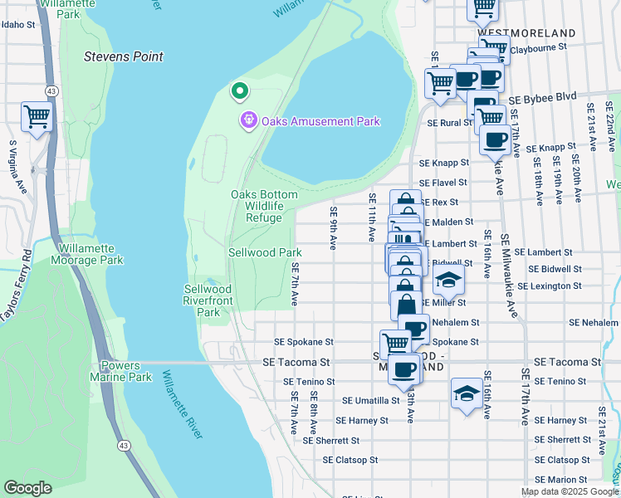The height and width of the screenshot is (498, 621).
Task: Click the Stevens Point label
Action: pyautogui.click(x=124, y=56)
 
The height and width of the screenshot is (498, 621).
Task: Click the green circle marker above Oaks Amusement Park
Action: pyautogui.click(x=239, y=90)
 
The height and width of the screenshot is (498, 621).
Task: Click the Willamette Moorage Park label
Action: pyautogui.click(x=91, y=254)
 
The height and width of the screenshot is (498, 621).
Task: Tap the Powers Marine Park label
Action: pyautogui.click(x=127, y=371)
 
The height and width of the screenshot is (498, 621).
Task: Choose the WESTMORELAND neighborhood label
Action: pyautogui.click(x=526, y=32)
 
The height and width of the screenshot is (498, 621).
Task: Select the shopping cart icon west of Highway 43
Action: pyautogui.click(x=37, y=117)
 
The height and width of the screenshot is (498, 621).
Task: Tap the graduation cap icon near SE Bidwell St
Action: pyautogui.click(x=448, y=281)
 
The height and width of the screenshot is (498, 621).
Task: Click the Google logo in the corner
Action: pyautogui.click(x=27, y=488)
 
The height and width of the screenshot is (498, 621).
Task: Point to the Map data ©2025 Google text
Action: pyautogui.click(x=569, y=491)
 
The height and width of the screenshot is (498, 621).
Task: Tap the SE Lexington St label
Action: pyautogui.click(x=549, y=286)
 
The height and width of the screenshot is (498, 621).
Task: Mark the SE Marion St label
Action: pyautogui.click(x=562, y=480)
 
